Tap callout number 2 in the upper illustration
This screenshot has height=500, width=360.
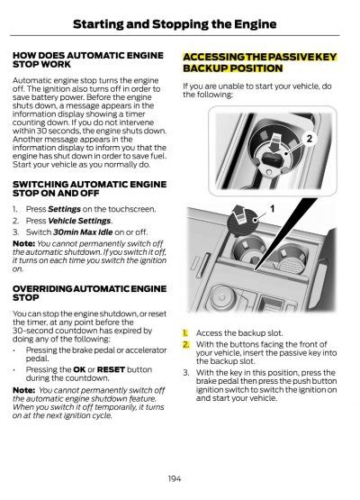[x=309, y=140]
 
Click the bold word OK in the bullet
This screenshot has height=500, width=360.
[x=79, y=368]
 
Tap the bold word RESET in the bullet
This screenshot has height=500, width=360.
[x=112, y=368]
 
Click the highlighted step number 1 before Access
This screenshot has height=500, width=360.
[x=185, y=332]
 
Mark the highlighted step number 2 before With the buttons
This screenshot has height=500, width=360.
[x=185, y=344]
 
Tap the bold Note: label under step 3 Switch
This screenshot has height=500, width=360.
[x=23, y=243]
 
